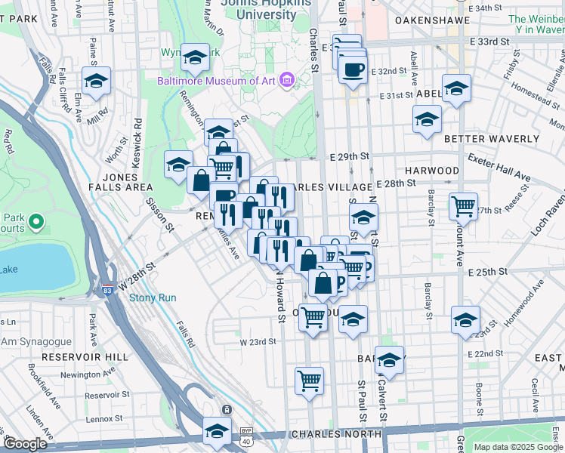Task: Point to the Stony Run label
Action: tap(153, 298)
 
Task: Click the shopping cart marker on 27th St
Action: tap(464, 205)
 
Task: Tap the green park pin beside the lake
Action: tap(36, 222)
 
